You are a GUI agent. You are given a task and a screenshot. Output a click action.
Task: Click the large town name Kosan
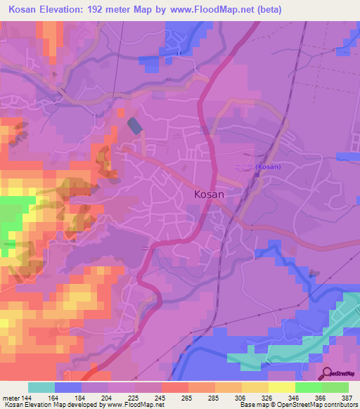coord(208,196)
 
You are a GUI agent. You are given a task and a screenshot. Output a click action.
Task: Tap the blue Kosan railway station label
coord(270,167)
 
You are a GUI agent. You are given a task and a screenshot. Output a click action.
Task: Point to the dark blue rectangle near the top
coord(134,125)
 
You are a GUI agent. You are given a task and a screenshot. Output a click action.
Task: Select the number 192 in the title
coord(109,8)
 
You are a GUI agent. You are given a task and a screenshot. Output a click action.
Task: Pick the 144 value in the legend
coord(27,397)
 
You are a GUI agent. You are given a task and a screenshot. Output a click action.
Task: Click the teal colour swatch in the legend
coord(41,387)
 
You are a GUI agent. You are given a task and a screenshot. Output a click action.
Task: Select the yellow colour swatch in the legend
coord(281,387)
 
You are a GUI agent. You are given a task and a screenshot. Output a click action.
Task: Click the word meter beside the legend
coord(9,397)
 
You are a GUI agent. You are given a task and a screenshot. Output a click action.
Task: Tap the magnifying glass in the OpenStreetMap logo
coord(326,372)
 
